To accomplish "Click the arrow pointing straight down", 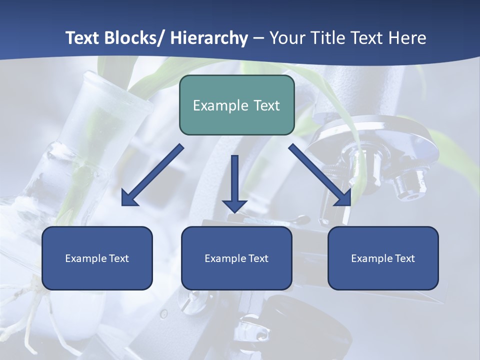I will (234, 182).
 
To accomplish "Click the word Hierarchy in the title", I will (209, 38).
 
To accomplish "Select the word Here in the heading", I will (408, 38).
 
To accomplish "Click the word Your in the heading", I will (287, 38).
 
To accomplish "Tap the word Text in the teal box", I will (266, 105).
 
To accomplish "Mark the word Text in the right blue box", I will (405, 258).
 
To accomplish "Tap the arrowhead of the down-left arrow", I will (129, 198).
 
